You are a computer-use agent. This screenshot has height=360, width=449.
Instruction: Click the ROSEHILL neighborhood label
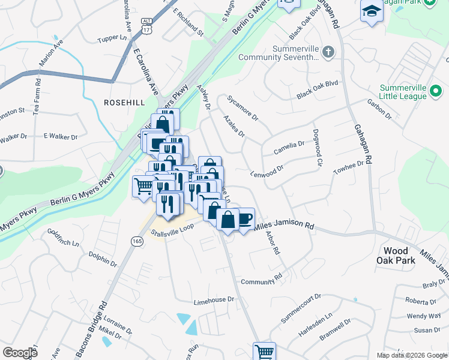(124, 103)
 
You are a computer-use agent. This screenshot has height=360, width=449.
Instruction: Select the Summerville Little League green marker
(436, 92)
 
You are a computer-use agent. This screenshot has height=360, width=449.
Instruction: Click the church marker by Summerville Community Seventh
(328, 52)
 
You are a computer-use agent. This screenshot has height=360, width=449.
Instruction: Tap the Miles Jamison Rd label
(285, 226)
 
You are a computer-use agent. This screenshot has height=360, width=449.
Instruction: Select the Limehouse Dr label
(213, 299)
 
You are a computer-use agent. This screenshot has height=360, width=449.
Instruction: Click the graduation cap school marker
(372, 11)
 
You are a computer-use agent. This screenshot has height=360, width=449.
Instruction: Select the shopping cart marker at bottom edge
(264, 351)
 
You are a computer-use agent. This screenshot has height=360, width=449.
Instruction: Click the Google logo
(20, 353)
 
